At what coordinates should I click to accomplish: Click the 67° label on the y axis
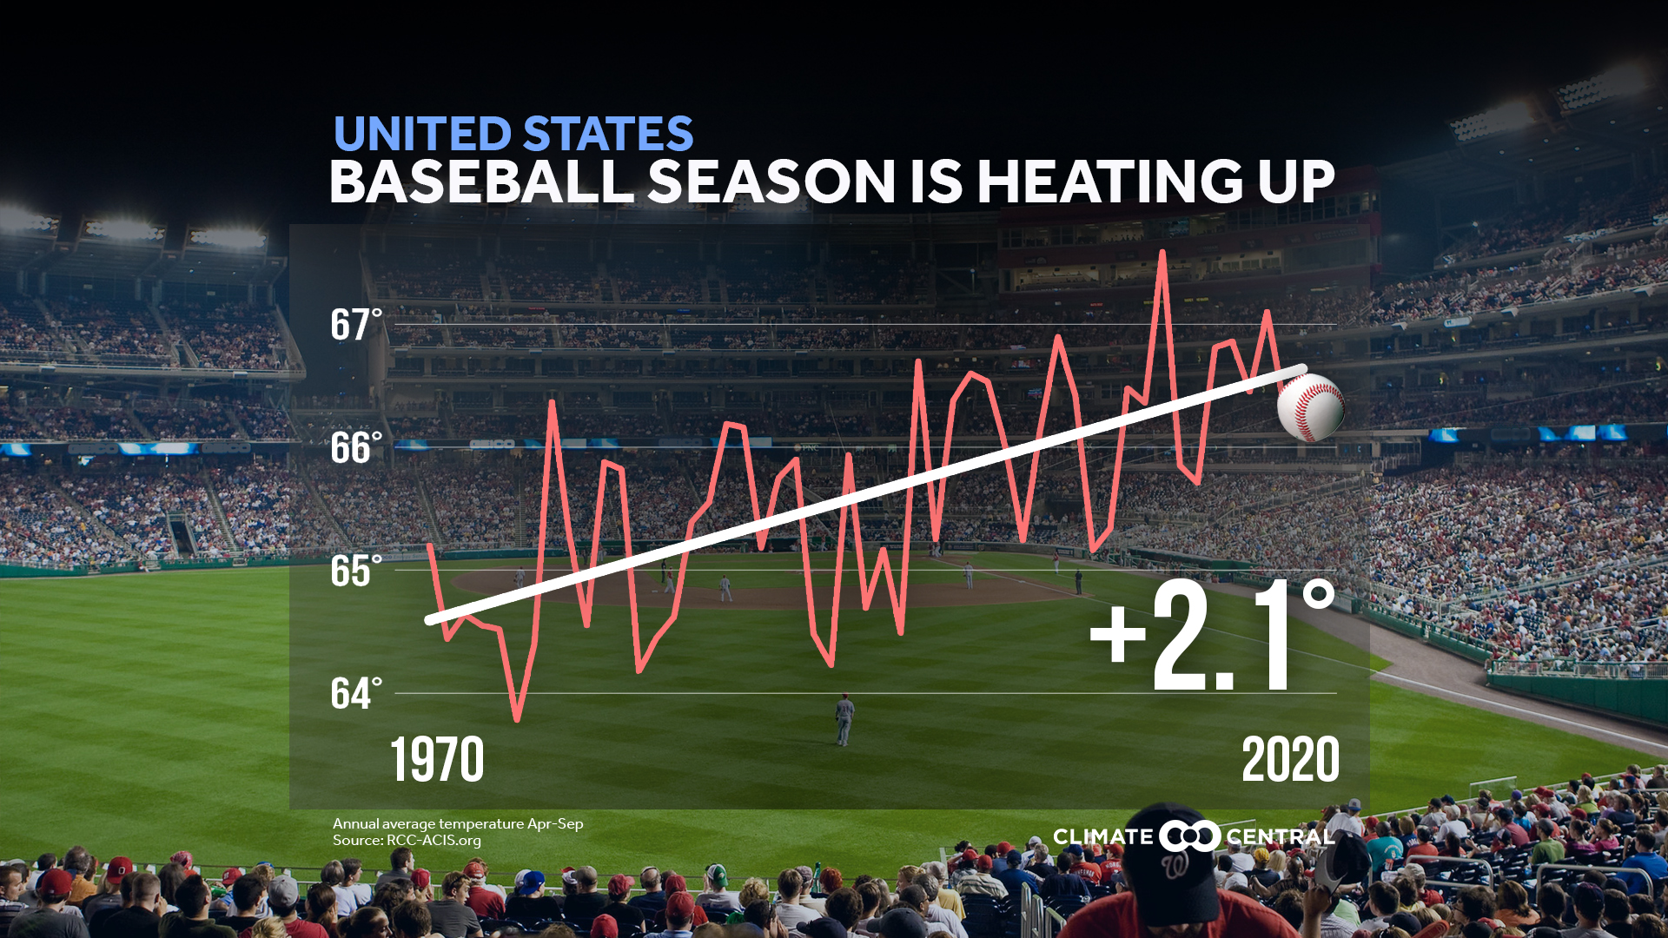point(355,326)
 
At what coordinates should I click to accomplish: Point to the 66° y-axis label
point(355,448)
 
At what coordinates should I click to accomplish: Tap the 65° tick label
point(355,571)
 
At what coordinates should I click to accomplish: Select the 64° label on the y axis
point(355,694)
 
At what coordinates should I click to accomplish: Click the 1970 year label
point(437,760)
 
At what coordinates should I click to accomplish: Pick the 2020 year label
point(1290,760)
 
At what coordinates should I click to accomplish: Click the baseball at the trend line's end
point(1310,407)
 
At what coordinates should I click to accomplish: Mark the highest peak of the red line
point(1162,253)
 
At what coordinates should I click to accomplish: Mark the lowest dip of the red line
point(518,719)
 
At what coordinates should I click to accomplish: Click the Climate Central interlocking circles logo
point(1189,836)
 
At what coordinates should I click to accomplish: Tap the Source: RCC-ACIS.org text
point(407,841)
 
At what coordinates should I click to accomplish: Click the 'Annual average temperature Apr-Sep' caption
point(458,823)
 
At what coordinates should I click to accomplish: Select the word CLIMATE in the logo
point(1102,837)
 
